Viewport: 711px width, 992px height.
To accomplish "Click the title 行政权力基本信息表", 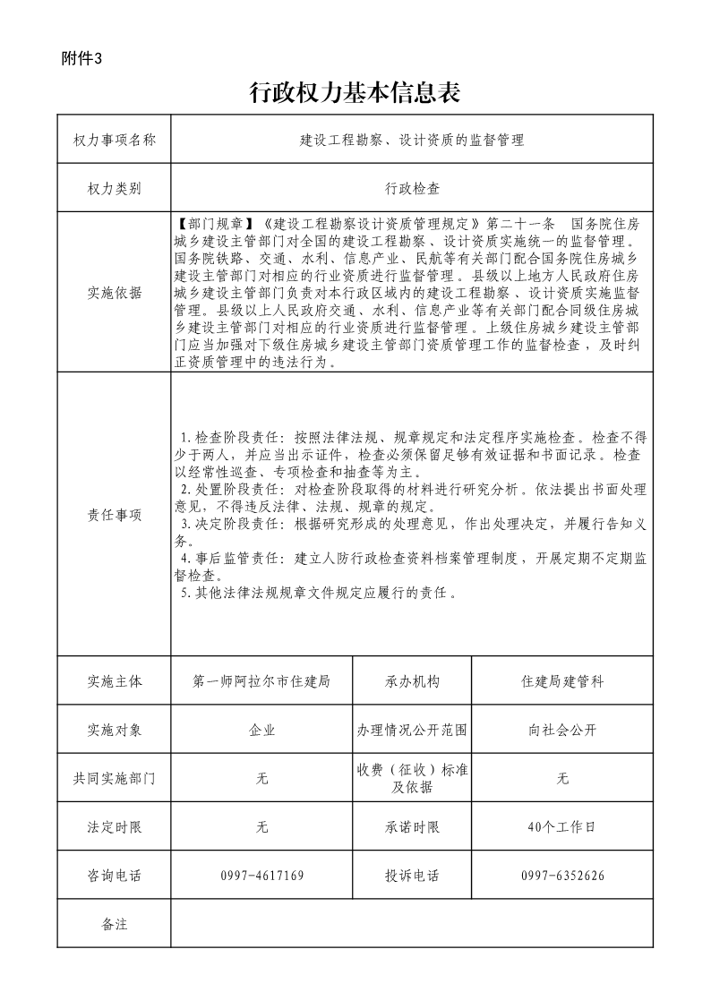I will (355, 92).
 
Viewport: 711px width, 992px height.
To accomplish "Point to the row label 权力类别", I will (114, 189).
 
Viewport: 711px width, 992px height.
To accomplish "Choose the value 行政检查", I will (412, 189).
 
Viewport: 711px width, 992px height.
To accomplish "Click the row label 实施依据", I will (114, 293).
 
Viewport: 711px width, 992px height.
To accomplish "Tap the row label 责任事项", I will (114, 515).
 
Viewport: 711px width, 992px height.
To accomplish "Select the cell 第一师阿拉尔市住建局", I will (261, 681).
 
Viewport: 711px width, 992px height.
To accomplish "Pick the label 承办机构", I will (412, 681).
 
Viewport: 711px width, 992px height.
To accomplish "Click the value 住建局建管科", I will (562, 681).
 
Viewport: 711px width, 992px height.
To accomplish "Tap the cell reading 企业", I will (261, 730).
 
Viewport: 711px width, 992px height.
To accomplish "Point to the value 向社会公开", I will (562, 730).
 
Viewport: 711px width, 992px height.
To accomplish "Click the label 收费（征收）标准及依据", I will (412, 779).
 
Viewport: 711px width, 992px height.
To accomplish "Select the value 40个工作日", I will (562, 827).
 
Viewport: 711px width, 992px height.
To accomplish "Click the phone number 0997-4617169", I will (261, 876).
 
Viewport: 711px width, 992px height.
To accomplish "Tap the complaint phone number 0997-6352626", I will (562, 876).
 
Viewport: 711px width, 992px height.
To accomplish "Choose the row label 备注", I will (114, 924).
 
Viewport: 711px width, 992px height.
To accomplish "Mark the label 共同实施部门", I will (114, 779).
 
